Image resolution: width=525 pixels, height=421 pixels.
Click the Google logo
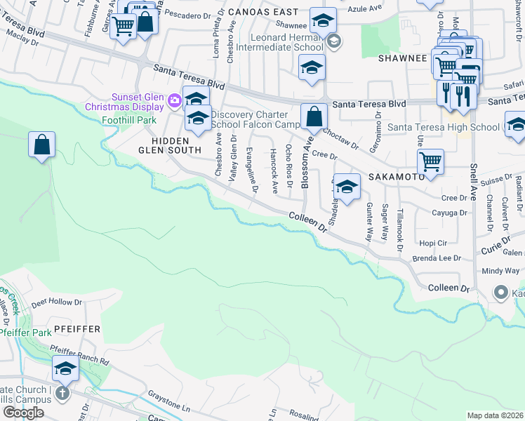[x=22, y=412]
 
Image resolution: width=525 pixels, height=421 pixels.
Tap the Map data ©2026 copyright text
[x=496, y=415]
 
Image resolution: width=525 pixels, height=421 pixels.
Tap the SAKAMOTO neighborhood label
[x=397, y=177]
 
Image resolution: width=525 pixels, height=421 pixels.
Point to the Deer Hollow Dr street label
[x=57, y=303]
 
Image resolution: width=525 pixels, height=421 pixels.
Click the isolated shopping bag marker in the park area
[x=42, y=145]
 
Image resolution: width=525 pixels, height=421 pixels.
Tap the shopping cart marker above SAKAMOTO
[x=430, y=161]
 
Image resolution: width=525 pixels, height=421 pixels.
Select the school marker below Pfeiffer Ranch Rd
[x=65, y=368]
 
